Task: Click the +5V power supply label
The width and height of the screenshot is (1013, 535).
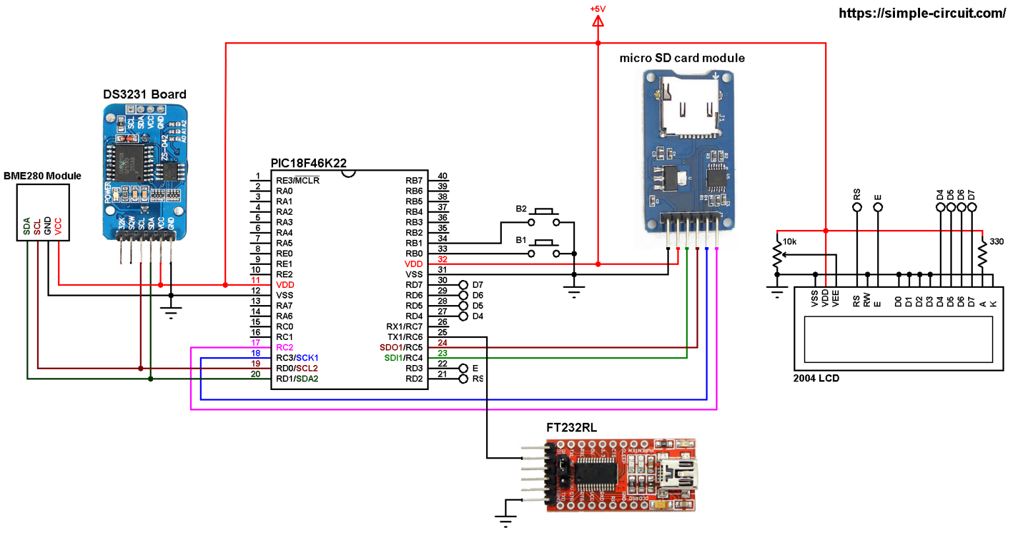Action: click(x=598, y=9)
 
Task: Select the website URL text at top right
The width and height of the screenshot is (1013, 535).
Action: click(x=921, y=13)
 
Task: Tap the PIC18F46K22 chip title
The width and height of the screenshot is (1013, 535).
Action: click(x=308, y=163)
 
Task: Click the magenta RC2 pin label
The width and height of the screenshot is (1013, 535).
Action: click(x=284, y=347)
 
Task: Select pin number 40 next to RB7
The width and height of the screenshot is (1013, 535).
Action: click(x=443, y=176)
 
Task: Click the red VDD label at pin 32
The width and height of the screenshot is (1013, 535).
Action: click(x=414, y=264)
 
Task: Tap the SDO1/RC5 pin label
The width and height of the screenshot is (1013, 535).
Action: click(x=400, y=347)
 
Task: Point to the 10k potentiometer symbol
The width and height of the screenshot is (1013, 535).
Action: click(x=778, y=252)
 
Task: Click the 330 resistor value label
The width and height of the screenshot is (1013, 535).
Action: click(x=997, y=242)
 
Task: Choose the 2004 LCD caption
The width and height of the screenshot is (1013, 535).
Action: click(x=816, y=378)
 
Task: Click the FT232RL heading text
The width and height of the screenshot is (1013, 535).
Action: click(x=571, y=428)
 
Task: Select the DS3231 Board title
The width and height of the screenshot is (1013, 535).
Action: click(x=144, y=94)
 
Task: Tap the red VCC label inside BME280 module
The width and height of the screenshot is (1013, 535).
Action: click(x=58, y=226)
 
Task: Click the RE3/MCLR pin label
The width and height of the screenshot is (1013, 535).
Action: click(x=297, y=181)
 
